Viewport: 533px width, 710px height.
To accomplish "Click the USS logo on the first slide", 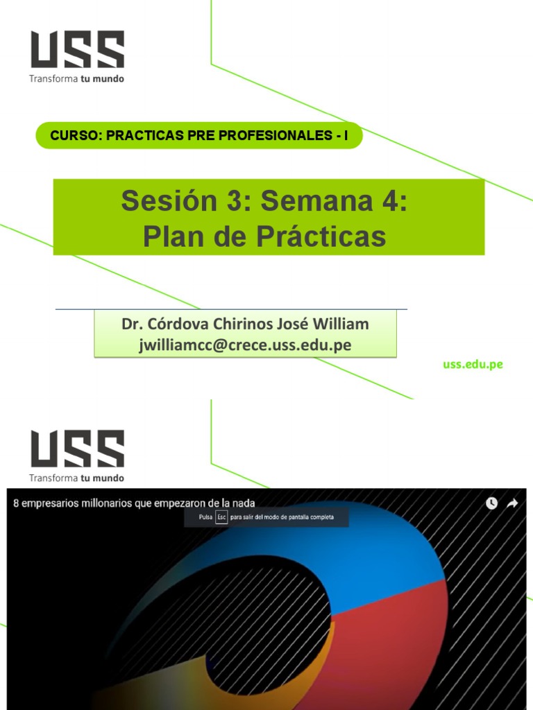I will [x=76, y=50].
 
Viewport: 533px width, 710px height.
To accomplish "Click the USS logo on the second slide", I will [x=76, y=449].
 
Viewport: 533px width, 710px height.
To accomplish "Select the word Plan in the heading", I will [x=171, y=236].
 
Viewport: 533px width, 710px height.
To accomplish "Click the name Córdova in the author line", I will [x=174, y=324].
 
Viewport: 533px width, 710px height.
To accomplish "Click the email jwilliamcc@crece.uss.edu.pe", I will [x=245, y=345].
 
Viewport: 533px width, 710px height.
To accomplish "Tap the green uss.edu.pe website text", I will [x=473, y=365].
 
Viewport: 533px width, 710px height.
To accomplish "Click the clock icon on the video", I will [x=491, y=503].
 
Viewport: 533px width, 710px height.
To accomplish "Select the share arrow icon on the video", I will [x=512, y=503].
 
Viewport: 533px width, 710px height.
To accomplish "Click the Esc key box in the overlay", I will [x=221, y=518].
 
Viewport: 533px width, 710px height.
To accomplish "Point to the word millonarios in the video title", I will [x=105, y=503].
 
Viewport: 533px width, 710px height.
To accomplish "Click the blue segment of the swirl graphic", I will [x=389, y=548].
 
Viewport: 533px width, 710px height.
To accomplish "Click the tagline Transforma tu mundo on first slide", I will [x=76, y=78].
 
